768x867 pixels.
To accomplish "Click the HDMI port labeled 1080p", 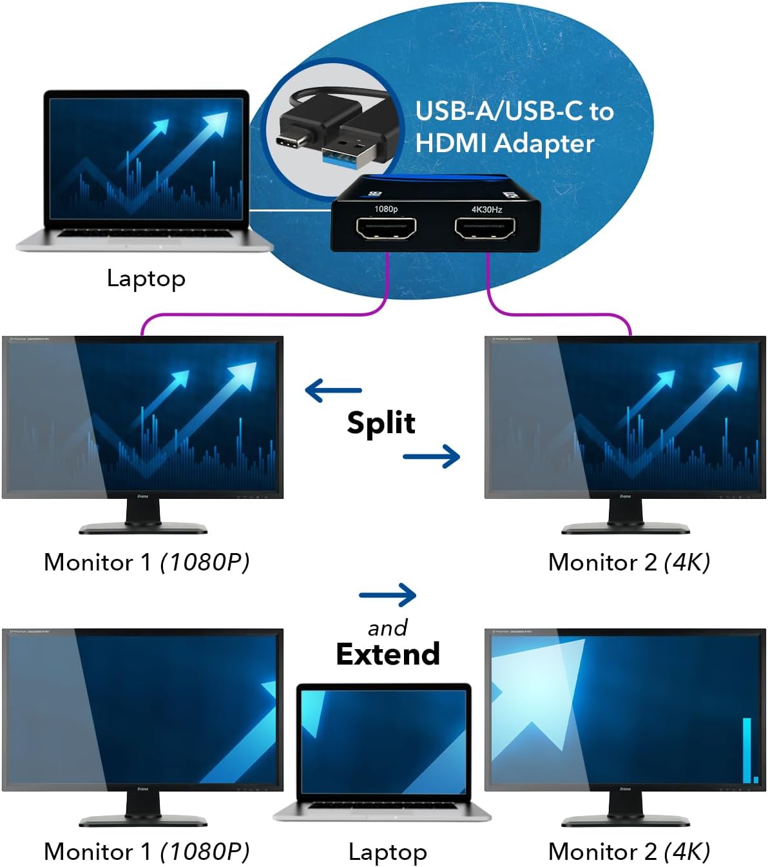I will pos(386,228).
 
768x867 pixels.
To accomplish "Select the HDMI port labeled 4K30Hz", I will pos(485,228).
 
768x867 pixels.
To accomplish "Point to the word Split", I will pos(381,424).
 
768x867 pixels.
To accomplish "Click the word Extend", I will pos(388,654).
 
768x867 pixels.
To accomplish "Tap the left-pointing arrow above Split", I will pos(333,390).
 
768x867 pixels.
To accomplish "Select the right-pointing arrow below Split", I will pos(431,456).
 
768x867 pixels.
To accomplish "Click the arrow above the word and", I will pos(387,595).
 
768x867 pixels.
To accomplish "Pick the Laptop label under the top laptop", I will pos(146,278).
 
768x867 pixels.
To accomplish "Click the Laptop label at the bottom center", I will pos(387,852).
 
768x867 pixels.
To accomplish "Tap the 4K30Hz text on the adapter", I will pos(486,209).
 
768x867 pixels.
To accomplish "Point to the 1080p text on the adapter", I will pos(386,209).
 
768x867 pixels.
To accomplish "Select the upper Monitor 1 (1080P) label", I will pos(146,562).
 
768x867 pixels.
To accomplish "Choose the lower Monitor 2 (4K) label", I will pos(629,852).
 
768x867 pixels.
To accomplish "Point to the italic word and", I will pos(387,628).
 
